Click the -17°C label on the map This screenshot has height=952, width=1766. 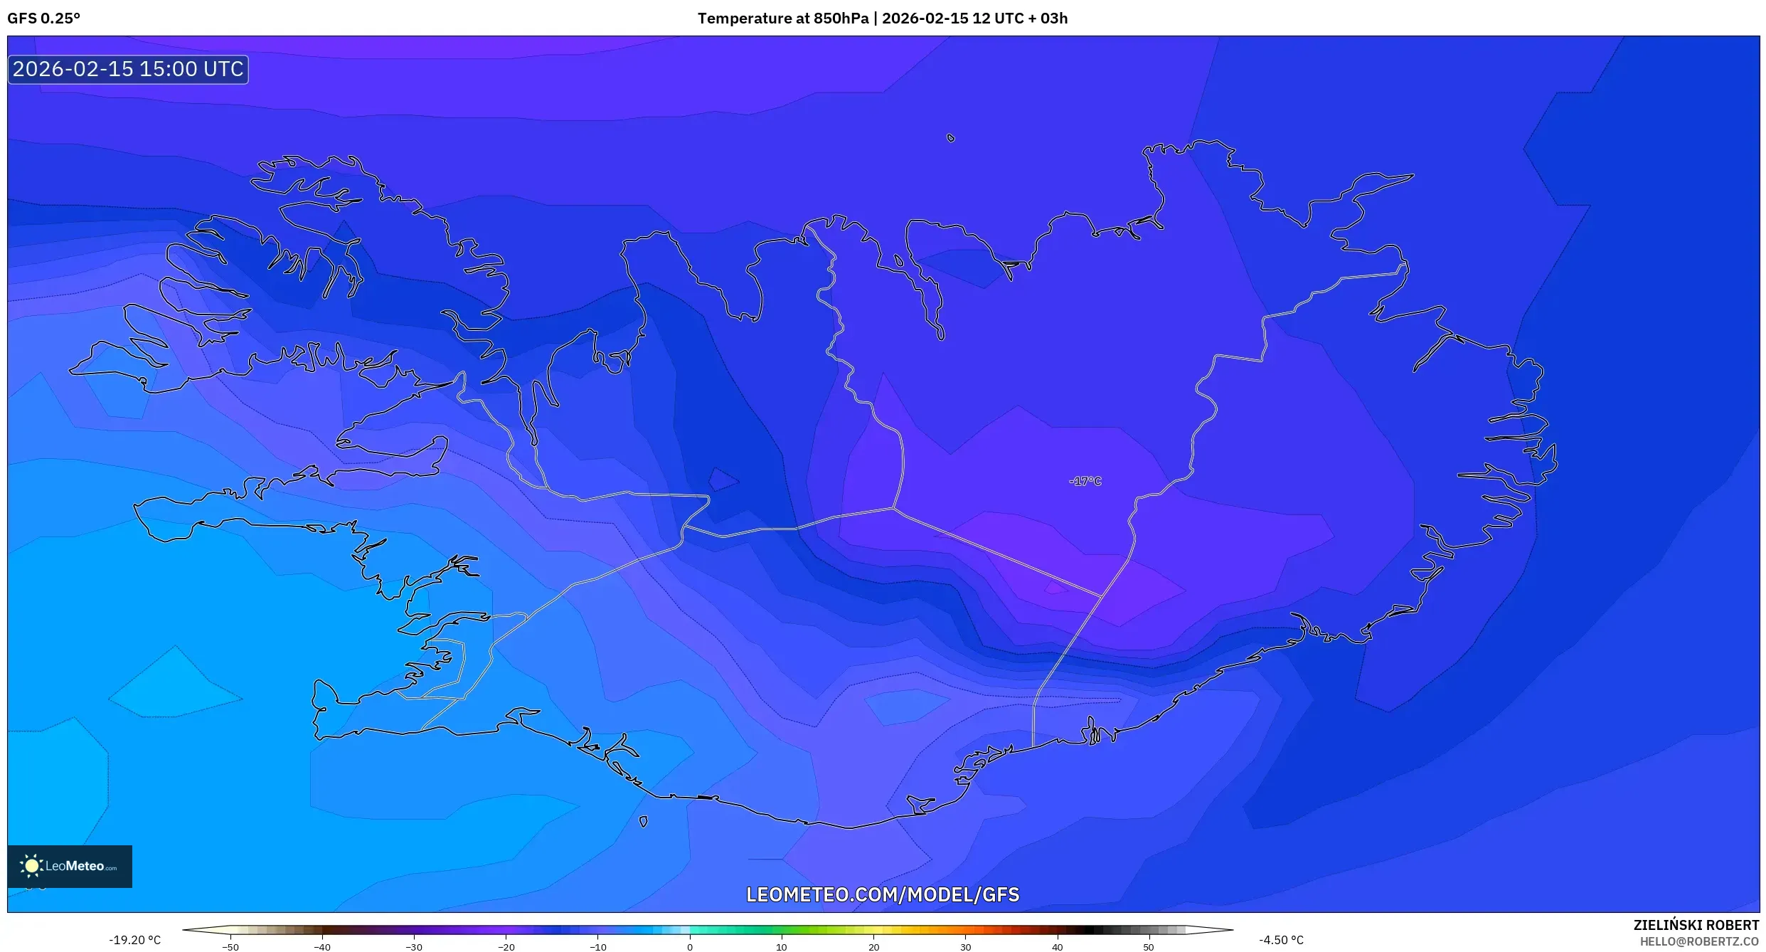[1085, 482]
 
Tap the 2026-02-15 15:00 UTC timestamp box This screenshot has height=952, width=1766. [128, 70]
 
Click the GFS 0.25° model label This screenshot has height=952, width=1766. [44, 18]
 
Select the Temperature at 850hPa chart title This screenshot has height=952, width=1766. [882, 18]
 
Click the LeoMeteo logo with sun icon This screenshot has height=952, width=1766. [70, 866]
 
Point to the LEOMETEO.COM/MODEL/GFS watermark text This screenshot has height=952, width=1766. [882, 894]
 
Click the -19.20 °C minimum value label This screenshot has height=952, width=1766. [134, 940]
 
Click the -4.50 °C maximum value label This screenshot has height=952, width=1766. [1281, 940]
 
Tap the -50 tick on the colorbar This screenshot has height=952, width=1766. [230, 947]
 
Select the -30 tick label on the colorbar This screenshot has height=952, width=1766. [414, 947]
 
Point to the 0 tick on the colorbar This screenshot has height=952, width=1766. [689, 947]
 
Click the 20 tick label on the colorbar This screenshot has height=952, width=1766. [873, 947]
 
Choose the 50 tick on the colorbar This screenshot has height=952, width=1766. [1149, 947]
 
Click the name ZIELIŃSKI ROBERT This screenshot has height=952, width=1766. [1696, 925]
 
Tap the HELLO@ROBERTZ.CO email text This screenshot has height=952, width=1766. [1699, 941]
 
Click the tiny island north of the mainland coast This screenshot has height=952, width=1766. [951, 138]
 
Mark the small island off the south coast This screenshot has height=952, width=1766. [643, 822]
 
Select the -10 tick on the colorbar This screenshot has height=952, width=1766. [597, 947]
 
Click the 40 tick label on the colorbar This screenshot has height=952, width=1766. [1057, 947]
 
